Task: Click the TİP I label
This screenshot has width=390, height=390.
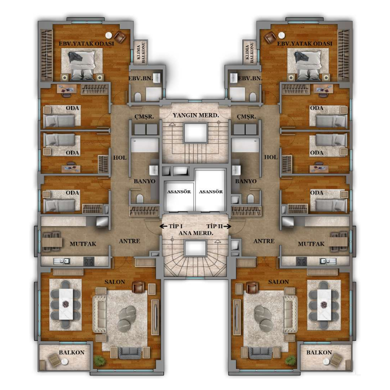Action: coord(175,226)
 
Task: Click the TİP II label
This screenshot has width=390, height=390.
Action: coord(214,226)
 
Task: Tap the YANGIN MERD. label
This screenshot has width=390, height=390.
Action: coord(196,115)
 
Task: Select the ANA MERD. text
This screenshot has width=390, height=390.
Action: coord(196,233)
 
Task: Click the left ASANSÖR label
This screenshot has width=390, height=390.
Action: coord(179,192)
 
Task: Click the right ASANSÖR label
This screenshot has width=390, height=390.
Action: coord(211,192)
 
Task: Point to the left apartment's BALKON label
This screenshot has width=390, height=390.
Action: coord(72,353)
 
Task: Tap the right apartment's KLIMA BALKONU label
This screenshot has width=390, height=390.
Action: coord(250,52)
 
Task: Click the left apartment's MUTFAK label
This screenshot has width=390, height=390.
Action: coord(83,244)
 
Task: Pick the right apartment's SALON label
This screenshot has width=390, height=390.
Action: coord(278,282)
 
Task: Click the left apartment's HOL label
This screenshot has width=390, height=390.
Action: coord(120,158)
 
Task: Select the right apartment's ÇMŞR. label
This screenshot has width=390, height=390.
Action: coord(246,117)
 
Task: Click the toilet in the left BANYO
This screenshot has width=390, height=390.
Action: coord(140,199)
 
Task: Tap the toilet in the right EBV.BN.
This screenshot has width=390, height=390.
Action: coord(253,97)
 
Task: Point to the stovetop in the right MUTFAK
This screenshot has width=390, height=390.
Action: coord(301,261)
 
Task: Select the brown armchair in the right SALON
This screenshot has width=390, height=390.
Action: coord(252,287)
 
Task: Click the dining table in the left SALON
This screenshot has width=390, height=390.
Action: coord(66,304)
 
